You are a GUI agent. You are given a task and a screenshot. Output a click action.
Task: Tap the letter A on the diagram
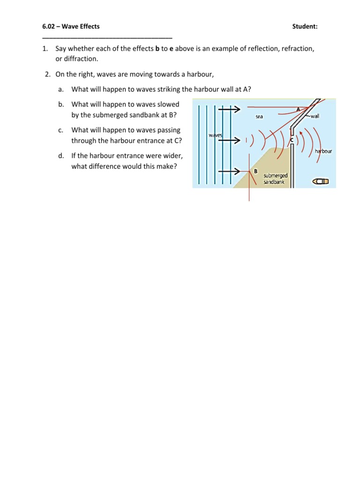click(298, 109)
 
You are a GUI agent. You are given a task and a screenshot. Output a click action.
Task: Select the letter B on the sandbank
click(255, 171)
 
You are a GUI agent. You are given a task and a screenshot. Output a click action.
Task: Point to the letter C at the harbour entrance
click(292, 140)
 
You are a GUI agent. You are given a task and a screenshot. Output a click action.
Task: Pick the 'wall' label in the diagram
click(315, 116)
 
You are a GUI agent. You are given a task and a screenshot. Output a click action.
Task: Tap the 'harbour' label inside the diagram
click(323, 151)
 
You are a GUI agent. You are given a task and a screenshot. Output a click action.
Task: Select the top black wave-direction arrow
click(229, 109)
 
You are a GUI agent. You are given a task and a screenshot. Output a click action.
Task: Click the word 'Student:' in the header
click(305, 27)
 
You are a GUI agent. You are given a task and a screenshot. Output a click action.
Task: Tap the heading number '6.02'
click(49, 27)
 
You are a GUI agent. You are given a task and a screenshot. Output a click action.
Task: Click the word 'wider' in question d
click(172, 155)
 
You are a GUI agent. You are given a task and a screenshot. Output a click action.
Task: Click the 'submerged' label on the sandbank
click(276, 175)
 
